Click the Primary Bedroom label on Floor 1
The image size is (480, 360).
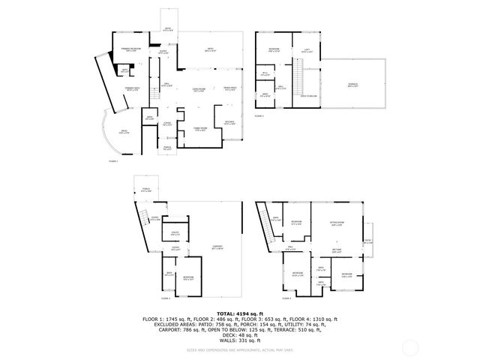click(x=132, y=49)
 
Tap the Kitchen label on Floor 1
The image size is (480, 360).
click(x=229, y=123)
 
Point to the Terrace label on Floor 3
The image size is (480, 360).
click(x=352, y=85)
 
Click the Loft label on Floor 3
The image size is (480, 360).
click(x=307, y=52)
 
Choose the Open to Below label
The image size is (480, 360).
click(x=308, y=96)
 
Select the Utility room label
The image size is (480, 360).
click(x=175, y=233)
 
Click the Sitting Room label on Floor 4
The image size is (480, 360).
click(x=337, y=223)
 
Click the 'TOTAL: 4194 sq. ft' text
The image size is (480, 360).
click(x=239, y=313)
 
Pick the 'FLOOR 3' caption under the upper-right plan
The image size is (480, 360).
click(x=259, y=117)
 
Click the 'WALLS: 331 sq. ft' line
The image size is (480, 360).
click(x=239, y=340)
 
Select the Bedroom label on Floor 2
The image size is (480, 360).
click(x=189, y=278)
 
